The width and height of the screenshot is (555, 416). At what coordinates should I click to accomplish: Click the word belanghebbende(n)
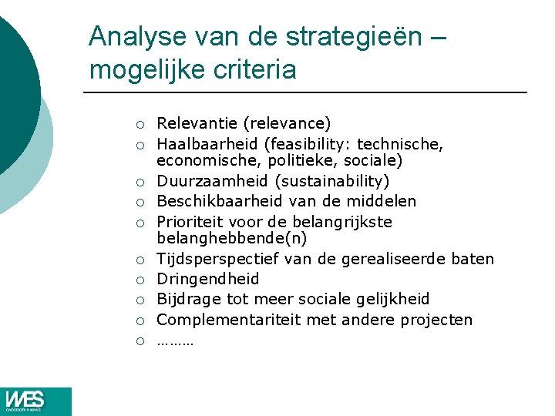231,240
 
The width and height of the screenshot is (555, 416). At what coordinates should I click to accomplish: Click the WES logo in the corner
35,401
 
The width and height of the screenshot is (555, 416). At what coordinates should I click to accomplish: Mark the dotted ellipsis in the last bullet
175,340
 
